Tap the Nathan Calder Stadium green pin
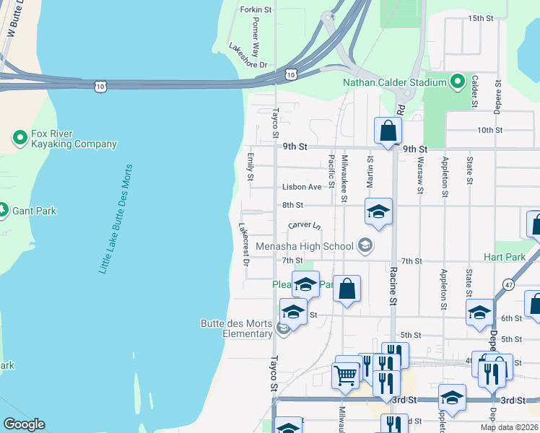pyautogui.click(x=457, y=82)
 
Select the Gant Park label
pyautogui.click(x=38, y=211)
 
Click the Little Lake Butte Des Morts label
pyautogui.click(x=116, y=219)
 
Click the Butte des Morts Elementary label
pyautogui.click(x=237, y=328)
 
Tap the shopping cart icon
pyautogui.click(x=346, y=375)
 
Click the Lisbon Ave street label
pyautogui.click(x=302, y=187)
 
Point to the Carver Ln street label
pyautogui.click(x=304, y=225)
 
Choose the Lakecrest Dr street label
pyautogui.click(x=244, y=245)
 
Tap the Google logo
pyautogui.click(x=24, y=424)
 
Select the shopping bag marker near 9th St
pyautogui.click(x=388, y=131)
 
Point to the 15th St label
pyautogui.click(x=480, y=17)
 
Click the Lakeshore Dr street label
pyautogui.click(x=248, y=56)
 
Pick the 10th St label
pyautogui.click(x=489, y=130)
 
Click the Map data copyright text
pyautogui.click(x=509, y=427)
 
